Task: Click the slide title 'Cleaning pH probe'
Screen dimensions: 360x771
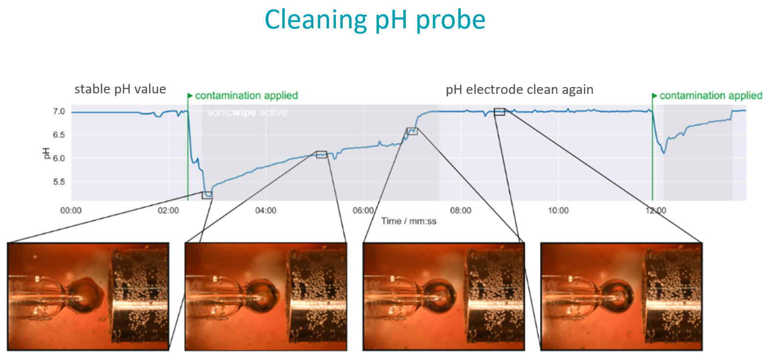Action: click(x=375, y=20)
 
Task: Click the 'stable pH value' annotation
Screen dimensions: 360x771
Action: click(x=120, y=89)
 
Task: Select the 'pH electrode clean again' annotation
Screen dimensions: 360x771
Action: click(x=519, y=90)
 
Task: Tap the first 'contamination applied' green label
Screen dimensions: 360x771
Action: click(x=246, y=95)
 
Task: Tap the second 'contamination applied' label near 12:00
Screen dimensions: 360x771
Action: click(x=710, y=95)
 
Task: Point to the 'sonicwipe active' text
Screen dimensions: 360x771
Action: click(x=247, y=112)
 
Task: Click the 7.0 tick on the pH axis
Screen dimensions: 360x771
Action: click(x=59, y=112)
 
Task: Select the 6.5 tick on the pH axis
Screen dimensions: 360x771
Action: click(x=59, y=135)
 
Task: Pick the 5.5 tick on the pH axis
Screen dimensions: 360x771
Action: click(x=59, y=182)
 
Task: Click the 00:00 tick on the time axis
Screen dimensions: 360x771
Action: click(x=71, y=211)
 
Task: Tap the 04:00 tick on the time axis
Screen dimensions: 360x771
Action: click(x=265, y=211)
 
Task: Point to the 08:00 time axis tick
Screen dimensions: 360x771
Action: click(x=461, y=211)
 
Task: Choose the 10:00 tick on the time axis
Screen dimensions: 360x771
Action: click(x=558, y=211)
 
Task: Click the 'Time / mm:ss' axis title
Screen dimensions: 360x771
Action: click(x=409, y=221)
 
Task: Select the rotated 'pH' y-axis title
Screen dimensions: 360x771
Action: click(x=47, y=153)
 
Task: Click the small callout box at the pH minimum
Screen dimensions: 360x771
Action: click(x=207, y=195)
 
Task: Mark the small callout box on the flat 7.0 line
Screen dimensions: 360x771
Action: click(x=499, y=112)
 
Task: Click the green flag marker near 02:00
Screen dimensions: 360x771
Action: click(x=190, y=96)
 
